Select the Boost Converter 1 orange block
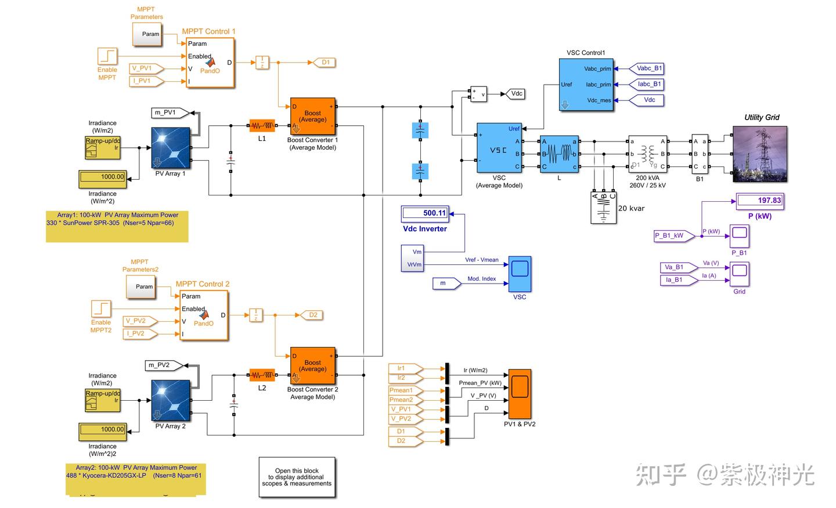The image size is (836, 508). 312,116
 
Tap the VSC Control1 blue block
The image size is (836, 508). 586,85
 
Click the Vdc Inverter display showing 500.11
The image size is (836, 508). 425,213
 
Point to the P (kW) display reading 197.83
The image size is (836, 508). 760,201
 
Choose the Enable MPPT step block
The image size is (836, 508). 107,56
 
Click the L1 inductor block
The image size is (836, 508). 262,125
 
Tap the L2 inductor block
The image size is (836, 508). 262,375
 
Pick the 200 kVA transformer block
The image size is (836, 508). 647,154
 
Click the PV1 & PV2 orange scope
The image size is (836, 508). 520,394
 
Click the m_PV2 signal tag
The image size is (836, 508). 163,365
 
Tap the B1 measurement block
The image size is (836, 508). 700,154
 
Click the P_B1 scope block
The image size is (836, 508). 740,235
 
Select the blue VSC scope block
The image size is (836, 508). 520,274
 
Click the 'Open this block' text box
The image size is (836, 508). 297,477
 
